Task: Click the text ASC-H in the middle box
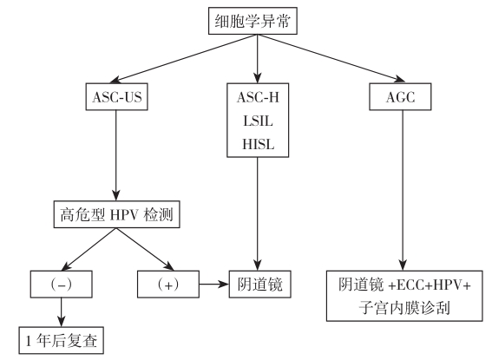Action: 258,97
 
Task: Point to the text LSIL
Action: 258,121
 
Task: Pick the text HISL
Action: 258,144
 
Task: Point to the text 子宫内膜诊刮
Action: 404,308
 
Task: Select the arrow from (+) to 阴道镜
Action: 214,285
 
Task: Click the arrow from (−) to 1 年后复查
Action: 62,312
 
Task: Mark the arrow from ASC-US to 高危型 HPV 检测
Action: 116,155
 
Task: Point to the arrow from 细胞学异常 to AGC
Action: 331,58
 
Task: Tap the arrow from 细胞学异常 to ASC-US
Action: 185,58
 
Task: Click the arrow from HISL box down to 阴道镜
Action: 258,214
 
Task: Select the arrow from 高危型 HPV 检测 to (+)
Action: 145,249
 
